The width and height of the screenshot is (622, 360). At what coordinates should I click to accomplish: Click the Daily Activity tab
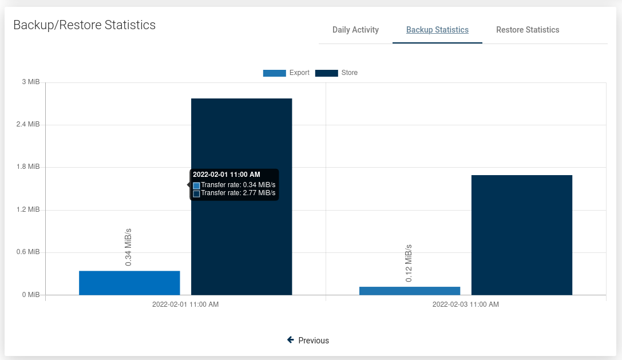[355, 30]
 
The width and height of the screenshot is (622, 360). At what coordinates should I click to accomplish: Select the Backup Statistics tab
[437, 30]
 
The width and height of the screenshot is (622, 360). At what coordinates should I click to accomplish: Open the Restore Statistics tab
[528, 30]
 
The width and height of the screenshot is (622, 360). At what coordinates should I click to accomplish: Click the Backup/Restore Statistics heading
[84, 25]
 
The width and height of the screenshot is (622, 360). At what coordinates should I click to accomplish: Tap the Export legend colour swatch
[274, 73]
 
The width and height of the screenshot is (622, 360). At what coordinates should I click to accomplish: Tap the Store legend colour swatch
[326, 73]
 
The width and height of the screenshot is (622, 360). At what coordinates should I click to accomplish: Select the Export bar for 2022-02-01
[129, 283]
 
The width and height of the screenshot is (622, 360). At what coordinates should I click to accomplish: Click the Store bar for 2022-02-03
[522, 235]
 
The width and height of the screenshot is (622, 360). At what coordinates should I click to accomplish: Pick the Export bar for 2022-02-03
[410, 291]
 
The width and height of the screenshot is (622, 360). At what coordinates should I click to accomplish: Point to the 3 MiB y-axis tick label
[31, 82]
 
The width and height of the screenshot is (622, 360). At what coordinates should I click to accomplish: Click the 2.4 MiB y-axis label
[29, 124]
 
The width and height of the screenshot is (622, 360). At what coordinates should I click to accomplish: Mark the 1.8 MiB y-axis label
[29, 167]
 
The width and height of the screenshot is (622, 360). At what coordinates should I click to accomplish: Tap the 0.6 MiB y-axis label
[29, 252]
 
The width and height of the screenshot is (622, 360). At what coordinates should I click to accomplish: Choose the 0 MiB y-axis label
[31, 295]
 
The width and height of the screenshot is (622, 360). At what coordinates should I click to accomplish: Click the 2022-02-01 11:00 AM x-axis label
[185, 304]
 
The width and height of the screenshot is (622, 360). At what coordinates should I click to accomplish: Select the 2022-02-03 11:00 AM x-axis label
[466, 304]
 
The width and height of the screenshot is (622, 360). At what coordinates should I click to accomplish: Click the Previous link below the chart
[308, 341]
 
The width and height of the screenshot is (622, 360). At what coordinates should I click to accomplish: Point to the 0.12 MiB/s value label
[409, 263]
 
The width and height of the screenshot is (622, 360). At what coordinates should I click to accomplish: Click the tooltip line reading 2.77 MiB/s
[238, 193]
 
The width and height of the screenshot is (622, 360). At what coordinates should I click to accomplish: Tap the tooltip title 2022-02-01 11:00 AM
[227, 175]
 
